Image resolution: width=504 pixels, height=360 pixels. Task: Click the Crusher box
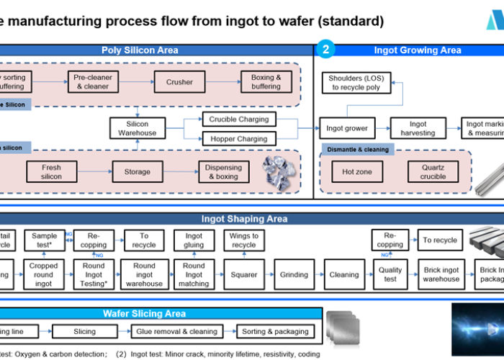[x=179, y=82]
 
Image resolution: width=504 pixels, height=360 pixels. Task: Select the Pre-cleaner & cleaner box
[x=91, y=82]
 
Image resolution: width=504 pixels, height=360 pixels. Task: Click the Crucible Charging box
[x=238, y=120]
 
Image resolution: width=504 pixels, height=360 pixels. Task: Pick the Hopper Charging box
[x=238, y=139]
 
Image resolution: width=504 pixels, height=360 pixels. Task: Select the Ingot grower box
[x=346, y=129]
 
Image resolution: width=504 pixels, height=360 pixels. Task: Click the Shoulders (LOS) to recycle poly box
[x=355, y=83]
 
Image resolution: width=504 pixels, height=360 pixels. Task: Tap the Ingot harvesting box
[x=418, y=129]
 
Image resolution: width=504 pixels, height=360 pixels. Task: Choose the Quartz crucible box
[x=432, y=172]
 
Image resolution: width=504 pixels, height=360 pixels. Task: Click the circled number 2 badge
[x=326, y=50]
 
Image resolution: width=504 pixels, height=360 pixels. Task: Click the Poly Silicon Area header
[x=139, y=50]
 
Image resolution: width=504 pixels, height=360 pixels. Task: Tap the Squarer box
[x=244, y=274]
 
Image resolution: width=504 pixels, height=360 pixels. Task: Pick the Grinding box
[x=294, y=274]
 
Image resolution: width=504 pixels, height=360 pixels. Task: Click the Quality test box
[x=390, y=274]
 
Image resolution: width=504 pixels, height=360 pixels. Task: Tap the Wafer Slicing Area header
[x=143, y=314]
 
